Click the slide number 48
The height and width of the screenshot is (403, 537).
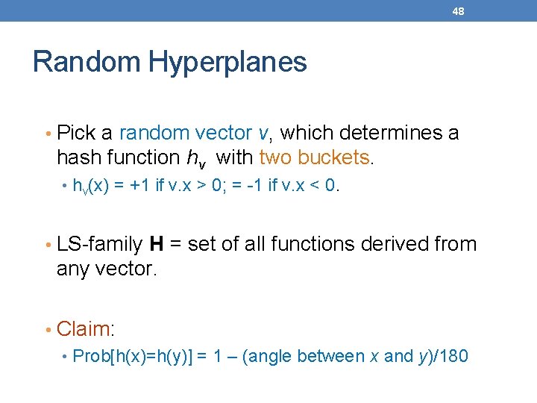click(x=458, y=11)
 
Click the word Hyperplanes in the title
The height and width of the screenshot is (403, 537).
click(x=228, y=62)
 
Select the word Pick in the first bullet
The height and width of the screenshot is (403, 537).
click(x=75, y=134)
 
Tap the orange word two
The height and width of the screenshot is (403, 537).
click(x=275, y=157)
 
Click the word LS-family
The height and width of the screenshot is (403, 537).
click(x=99, y=244)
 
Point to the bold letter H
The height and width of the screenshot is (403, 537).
click(x=157, y=244)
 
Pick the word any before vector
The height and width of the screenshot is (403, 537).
click(x=73, y=269)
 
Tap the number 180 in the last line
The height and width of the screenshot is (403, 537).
click(x=451, y=357)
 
